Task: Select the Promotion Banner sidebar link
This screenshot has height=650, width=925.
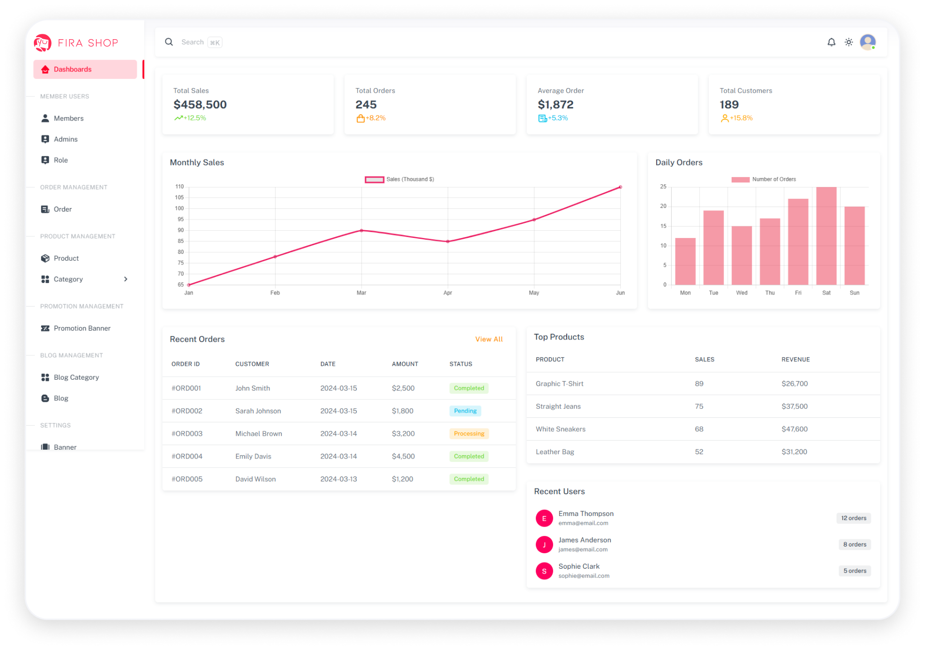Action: coord(82,328)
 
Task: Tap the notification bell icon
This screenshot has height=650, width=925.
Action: coord(831,43)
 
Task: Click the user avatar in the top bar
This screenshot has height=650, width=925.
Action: coord(867,42)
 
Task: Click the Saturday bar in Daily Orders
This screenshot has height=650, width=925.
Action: coord(826,236)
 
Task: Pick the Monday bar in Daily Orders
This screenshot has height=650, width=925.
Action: coord(685,261)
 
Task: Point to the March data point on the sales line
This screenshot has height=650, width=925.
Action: coord(361,231)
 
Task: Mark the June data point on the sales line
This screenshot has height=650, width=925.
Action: coord(620,187)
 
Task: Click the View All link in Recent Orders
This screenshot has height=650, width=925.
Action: coord(488,340)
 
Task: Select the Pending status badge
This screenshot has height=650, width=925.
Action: coord(465,411)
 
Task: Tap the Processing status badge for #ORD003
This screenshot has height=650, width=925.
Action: coord(469,434)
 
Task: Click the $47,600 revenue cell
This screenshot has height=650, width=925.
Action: coord(794,429)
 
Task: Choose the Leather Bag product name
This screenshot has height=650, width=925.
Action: coord(555,452)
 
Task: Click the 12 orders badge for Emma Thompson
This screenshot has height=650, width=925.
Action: coord(853,518)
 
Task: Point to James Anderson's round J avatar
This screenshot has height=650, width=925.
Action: coord(544,545)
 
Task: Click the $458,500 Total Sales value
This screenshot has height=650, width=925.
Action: coord(200,105)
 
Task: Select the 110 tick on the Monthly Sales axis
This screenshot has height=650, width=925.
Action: coord(179,187)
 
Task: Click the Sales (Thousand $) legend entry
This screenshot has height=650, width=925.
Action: coord(399,179)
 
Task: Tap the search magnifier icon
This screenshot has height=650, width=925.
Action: coord(169,42)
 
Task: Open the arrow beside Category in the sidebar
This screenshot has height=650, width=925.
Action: coord(126,280)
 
